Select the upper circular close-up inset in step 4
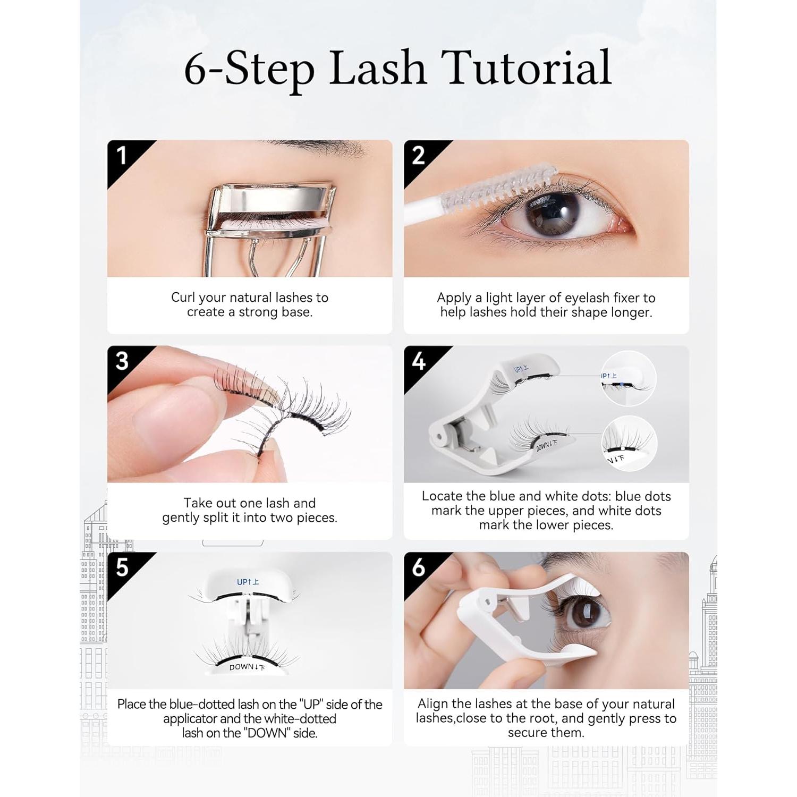pyautogui.click(x=629, y=379)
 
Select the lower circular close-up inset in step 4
pyautogui.click(x=629, y=444)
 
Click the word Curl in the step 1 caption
pyautogui.click(x=183, y=298)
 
